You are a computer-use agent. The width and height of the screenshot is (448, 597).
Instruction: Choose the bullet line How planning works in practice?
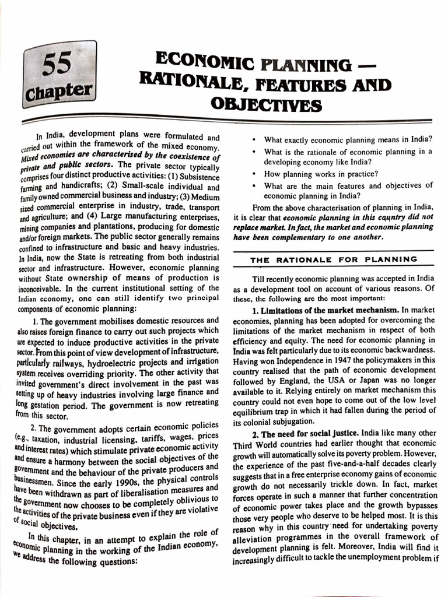click(321, 174)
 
